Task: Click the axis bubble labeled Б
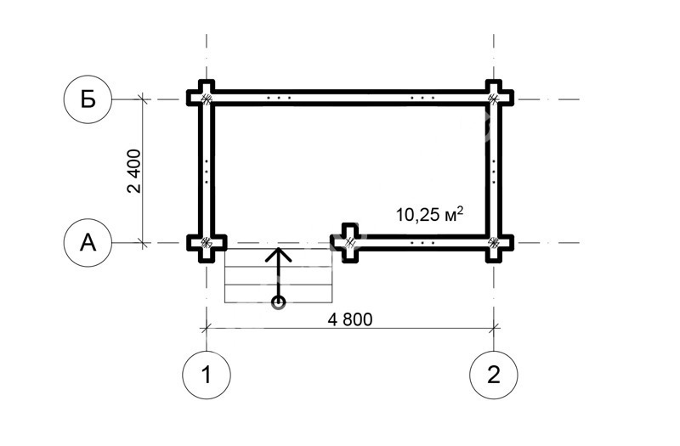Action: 88,99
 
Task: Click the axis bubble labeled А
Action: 88,243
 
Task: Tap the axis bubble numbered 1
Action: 207,375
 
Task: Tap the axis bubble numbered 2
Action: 494,375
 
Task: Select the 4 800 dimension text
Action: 350,319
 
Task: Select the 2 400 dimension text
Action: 134,172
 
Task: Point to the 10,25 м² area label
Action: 429,214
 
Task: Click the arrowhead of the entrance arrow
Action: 278,254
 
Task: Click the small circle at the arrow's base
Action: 278,302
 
